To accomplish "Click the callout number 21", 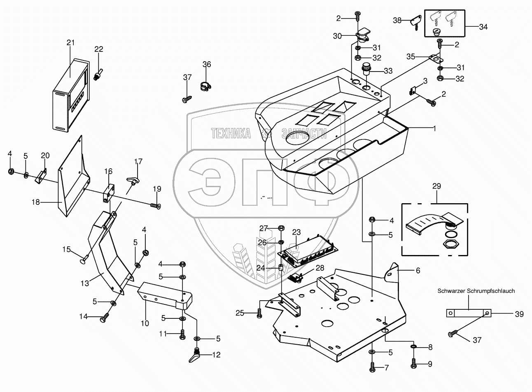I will coord(70,43).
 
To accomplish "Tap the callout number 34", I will coord(483,27).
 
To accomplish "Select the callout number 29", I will coord(436,186).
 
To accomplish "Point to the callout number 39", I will coord(519,314).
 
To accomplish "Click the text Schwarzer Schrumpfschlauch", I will coord(476,291).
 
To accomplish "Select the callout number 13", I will coord(85,283).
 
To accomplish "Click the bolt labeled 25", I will coord(259,314).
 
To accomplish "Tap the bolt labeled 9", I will coord(414,363).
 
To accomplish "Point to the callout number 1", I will coord(434,128).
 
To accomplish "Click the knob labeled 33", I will coord(366,69).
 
